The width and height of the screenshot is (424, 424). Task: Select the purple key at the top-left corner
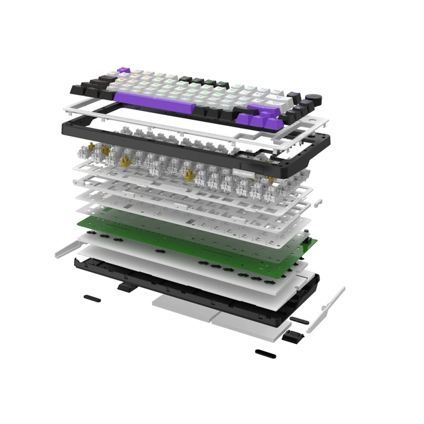click(x=123, y=70)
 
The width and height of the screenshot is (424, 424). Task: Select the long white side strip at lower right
click(x=326, y=310)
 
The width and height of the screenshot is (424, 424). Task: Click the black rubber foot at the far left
click(x=92, y=297)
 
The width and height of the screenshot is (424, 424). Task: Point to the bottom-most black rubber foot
click(x=265, y=353)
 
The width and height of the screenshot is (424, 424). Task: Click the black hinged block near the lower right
click(x=291, y=336)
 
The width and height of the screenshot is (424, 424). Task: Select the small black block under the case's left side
click(x=125, y=287)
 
